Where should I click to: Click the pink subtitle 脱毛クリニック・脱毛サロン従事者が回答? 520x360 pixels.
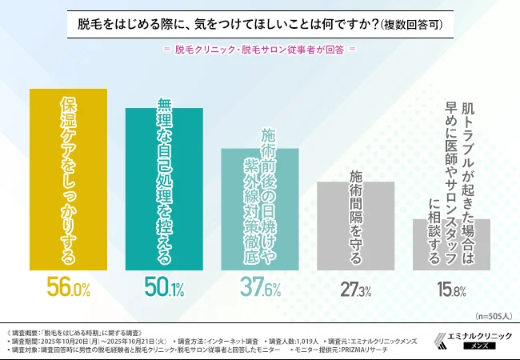[x=259, y=48]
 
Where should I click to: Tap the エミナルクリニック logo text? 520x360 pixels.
[x=477, y=335]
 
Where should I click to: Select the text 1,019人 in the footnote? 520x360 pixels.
[x=303, y=340]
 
